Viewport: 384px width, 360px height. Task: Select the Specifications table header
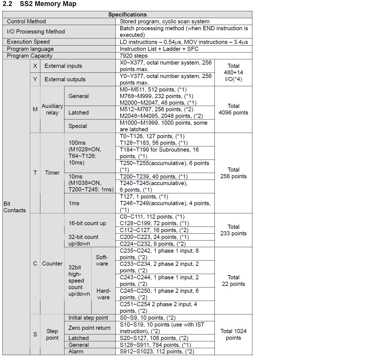127,15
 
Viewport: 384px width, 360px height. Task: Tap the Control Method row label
26,21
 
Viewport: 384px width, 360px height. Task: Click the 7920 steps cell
134,56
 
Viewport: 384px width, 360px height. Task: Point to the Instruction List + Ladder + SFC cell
159,49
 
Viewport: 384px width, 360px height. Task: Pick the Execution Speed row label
28,42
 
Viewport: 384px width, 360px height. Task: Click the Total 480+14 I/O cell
233,72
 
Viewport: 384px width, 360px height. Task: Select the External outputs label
65,79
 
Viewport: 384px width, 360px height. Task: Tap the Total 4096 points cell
233,109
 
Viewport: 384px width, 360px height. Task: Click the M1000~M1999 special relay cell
163,126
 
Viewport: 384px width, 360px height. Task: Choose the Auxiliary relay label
52,109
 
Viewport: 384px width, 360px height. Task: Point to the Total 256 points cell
233,173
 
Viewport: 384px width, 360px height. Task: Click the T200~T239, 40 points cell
154,177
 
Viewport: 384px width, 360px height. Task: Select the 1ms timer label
74,203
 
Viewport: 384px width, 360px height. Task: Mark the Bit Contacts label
15,207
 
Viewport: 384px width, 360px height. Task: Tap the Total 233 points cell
233,230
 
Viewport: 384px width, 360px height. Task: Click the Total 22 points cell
233,281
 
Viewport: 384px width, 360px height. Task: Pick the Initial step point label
88,318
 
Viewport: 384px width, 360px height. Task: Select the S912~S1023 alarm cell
157,351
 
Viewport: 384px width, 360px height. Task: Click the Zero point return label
89,328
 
